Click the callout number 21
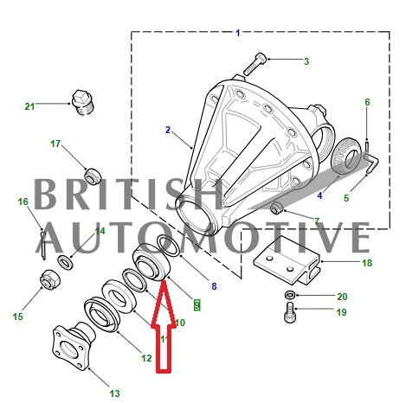tap(29, 106)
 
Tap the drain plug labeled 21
tap(82, 103)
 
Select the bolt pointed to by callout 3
tap(255, 64)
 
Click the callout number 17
tap(55, 144)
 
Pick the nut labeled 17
tap(93, 176)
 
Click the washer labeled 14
tap(66, 262)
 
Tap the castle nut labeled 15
tap(49, 279)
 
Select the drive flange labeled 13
tap(74, 344)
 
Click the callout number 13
tap(114, 393)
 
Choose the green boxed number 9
tap(197, 304)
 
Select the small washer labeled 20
tap(289, 295)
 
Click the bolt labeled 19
tap(289, 312)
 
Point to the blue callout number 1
tap(238, 33)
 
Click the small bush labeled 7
tap(277, 208)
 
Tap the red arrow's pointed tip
tap(164, 279)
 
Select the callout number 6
tap(367, 102)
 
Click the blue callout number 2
tap(168, 130)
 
